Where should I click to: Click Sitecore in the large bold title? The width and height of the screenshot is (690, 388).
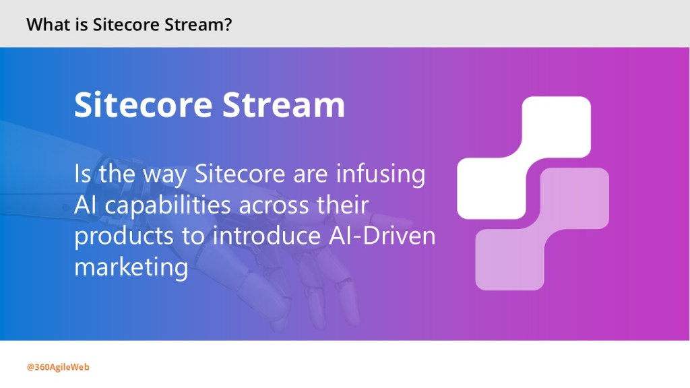pos(144,105)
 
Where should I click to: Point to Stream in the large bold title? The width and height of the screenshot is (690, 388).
pos(284,105)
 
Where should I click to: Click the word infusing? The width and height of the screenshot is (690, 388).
pos(381,174)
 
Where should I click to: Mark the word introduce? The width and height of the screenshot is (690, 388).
pos(267,236)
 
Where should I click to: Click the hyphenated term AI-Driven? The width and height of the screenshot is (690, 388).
pos(382,236)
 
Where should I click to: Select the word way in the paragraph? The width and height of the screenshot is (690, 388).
pos(164,175)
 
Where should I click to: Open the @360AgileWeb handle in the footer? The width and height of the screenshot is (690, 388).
pos(58,367)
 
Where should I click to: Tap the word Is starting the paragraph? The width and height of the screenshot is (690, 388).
pos(83,173)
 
